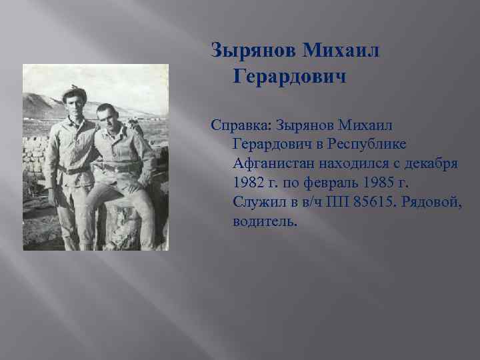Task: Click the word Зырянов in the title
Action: tap(252, 50)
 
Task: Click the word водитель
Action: tap(265, 221)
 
